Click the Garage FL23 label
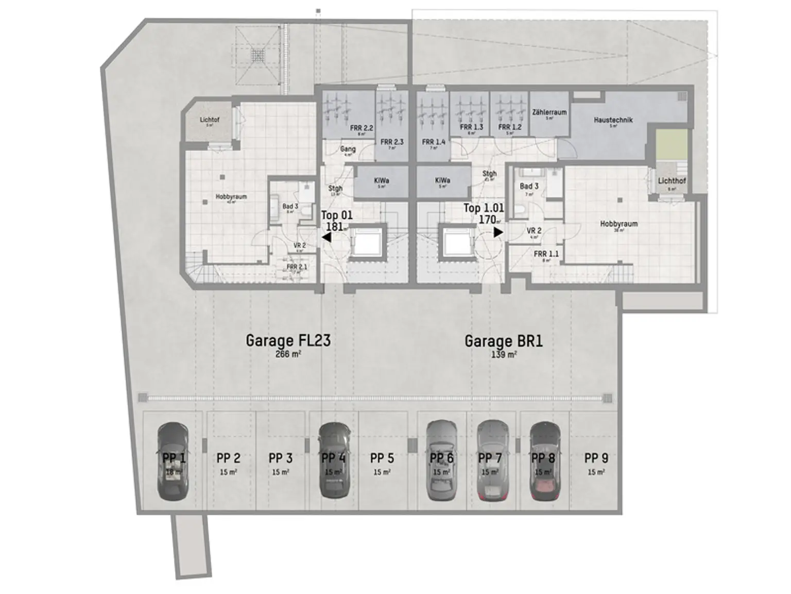point(288,340)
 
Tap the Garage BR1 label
point(503,341)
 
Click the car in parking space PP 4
point(334,461)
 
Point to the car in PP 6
point(442,460)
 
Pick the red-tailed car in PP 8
point(544,461)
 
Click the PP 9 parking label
point(596,458)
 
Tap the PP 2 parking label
point(228,458)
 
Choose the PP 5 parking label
point(382,458)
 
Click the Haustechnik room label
point(613,120)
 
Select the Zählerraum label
point(549,112)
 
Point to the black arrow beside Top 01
point(326,237)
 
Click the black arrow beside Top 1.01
point(498,233)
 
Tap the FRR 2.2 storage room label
point(362,127)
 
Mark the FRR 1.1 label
point(546,254)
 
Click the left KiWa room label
point(381,180)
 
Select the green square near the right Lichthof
point(672,145)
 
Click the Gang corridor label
point(348,149)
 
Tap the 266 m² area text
point(288,354)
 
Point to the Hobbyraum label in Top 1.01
point(618,224)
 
